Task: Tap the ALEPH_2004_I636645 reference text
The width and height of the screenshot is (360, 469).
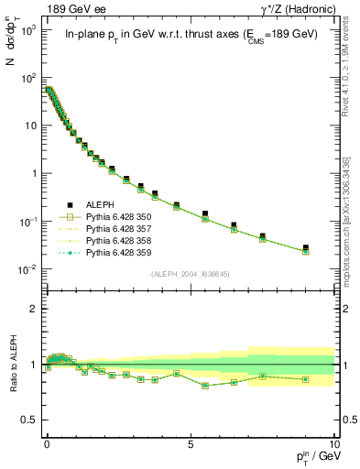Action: (191, 272)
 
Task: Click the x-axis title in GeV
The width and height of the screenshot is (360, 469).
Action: (313, 455)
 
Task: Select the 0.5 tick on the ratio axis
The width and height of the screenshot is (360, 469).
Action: (33, 420)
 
